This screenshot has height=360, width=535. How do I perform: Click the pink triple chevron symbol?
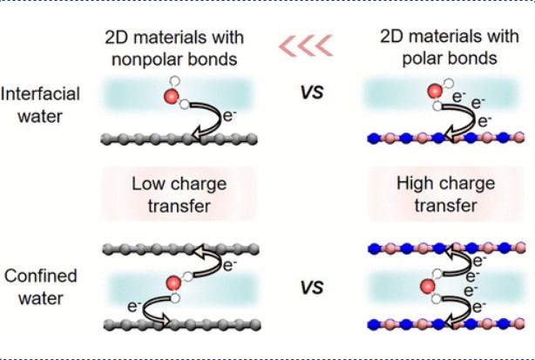(x=306, y=45)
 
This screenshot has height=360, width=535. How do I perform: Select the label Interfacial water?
(x=40, y=103)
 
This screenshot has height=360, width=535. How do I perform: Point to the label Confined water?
(x=40, y=287)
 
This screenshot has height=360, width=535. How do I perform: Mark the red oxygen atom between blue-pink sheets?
(x=427, y=286)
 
